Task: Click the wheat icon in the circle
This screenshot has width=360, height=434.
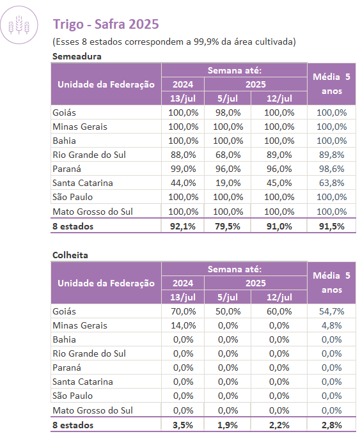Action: pyautogui.click(x=19, y=25)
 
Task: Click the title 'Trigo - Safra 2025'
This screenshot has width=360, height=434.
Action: pyautogui.click(x=106, y=24)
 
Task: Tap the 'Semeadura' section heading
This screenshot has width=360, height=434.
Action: pyautogui.click(x=77, y=56)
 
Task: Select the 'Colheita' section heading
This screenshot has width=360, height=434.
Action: pyautogui.click(x=70, y=255)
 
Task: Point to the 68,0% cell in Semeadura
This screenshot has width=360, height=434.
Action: pyautogui.click(x=228, y=155)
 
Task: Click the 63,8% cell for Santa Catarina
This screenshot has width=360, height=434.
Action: pyautogui.click(x=331, y=183)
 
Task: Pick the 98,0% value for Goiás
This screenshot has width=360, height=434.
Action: pyautogui.click(x=228, y=112)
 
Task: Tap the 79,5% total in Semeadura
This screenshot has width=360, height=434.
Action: pyautogui.click(x=228, y=226)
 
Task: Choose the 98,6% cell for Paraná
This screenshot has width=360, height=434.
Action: pyautogui.click(x=331, y=169)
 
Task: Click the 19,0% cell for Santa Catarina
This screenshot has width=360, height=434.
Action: pyautogui.click(x=228, y=183)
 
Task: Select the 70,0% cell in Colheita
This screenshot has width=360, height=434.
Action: pyautogui.click(x=184, y=311)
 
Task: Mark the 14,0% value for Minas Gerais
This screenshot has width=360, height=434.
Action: pyautogui.click(x=184, y=325)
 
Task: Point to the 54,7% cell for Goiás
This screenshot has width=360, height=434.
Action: pyautogui.click(x=331, y=311)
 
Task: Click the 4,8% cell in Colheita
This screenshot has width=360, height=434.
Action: pyautogui.click(x=331, y=325)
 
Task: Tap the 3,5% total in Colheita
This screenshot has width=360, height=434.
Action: pyautogui.click(x=183, y=425)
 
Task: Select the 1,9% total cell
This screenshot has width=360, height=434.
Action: pyautogui.click(x=228, y=425)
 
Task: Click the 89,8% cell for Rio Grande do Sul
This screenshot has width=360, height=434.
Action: pyautogui.click(x=331, y=155)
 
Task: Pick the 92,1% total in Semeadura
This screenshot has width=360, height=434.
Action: pyautogui.click(x=183, y=226)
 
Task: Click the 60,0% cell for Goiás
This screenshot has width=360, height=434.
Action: pyautogui.click(x=279, y=311)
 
